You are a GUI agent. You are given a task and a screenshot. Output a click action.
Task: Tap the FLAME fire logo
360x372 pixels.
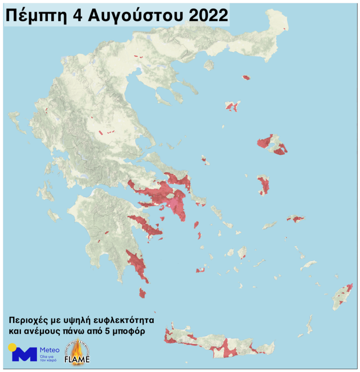[x=77, y=352]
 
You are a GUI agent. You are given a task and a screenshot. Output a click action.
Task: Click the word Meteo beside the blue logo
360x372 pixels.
[x=49, y=350]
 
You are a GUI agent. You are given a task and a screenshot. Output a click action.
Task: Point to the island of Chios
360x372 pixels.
[x=263, y=185]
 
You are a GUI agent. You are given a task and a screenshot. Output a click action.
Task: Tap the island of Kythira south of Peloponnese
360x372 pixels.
[x=142, y=293]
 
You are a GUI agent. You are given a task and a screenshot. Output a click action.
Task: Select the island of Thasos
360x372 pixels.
[x=209, y=65]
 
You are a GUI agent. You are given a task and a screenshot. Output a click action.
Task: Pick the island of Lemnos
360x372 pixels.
[x=232, y=106]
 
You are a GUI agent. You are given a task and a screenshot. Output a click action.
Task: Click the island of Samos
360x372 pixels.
[x=296, y=219]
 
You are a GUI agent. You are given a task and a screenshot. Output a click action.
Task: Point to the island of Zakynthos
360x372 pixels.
[x=53, y=215]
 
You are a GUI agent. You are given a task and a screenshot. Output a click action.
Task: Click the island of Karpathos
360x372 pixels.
[x=309, y=324]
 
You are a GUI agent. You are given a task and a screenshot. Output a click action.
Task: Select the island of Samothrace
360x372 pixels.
[x=246, y=77]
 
